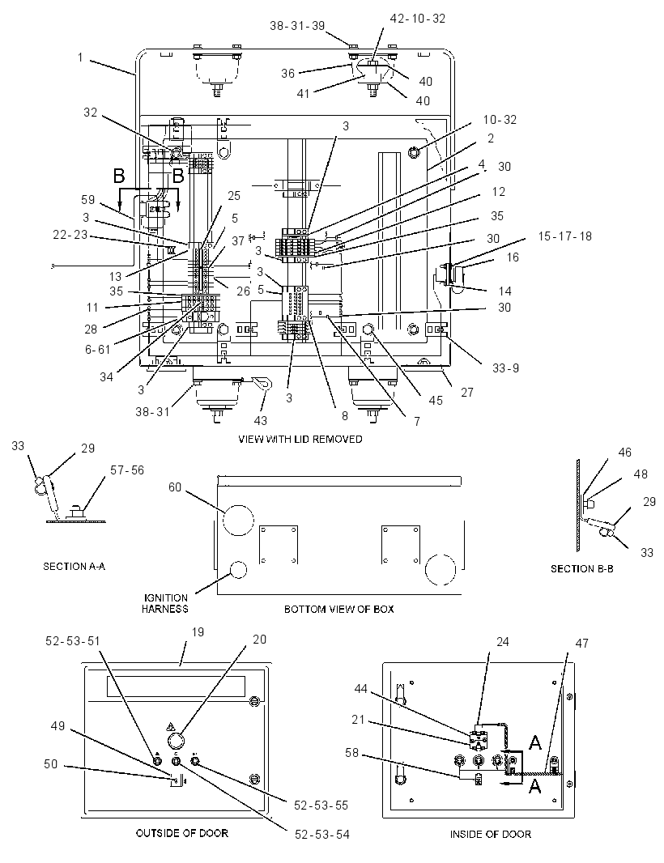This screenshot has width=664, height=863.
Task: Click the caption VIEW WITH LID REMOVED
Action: click(x=300, y=440)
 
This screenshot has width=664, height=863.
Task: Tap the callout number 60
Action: click(x=175, y=487)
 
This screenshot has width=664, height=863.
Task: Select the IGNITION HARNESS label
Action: click(x=165, y=603)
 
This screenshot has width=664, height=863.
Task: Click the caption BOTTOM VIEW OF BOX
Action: click(x=338, y=610)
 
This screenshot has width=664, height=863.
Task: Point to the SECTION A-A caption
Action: click(x=74, y=567)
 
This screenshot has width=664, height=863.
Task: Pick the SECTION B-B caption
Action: click(x=582, y=568)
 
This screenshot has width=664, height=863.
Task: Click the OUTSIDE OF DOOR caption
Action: click(x=181, y=833)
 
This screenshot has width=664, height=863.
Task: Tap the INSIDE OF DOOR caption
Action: click(x=491, y=835)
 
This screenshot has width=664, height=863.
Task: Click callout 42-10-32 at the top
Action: click(x=418, y=19)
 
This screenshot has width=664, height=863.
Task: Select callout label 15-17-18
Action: click(x=565, y=236)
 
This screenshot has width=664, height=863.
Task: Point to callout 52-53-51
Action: click(x=73, y=641)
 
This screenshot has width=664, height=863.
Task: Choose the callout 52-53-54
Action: click(x=322, y=835)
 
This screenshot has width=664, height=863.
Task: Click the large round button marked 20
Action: click(x=175, y=738)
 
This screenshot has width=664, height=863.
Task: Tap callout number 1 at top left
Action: click(x=80, y=57)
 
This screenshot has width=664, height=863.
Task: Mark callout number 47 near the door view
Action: click(x=582, y=643)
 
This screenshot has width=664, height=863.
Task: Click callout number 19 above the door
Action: click(x=198, y=632)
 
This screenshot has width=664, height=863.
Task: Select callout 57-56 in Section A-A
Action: click(x=127, y=470)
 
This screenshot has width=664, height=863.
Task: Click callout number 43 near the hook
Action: click(x=261, y=420)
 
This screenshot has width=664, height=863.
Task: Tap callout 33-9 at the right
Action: click(x=505, y=368)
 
